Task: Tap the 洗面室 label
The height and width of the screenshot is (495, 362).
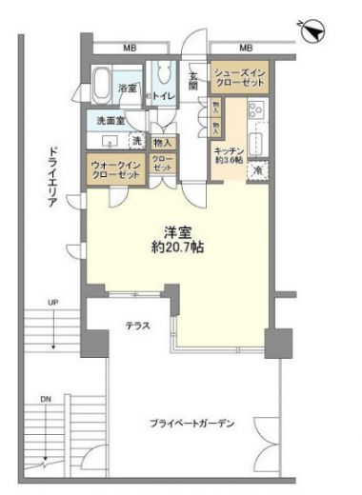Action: point(107,121)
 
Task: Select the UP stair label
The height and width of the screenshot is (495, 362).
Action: point(53,303)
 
